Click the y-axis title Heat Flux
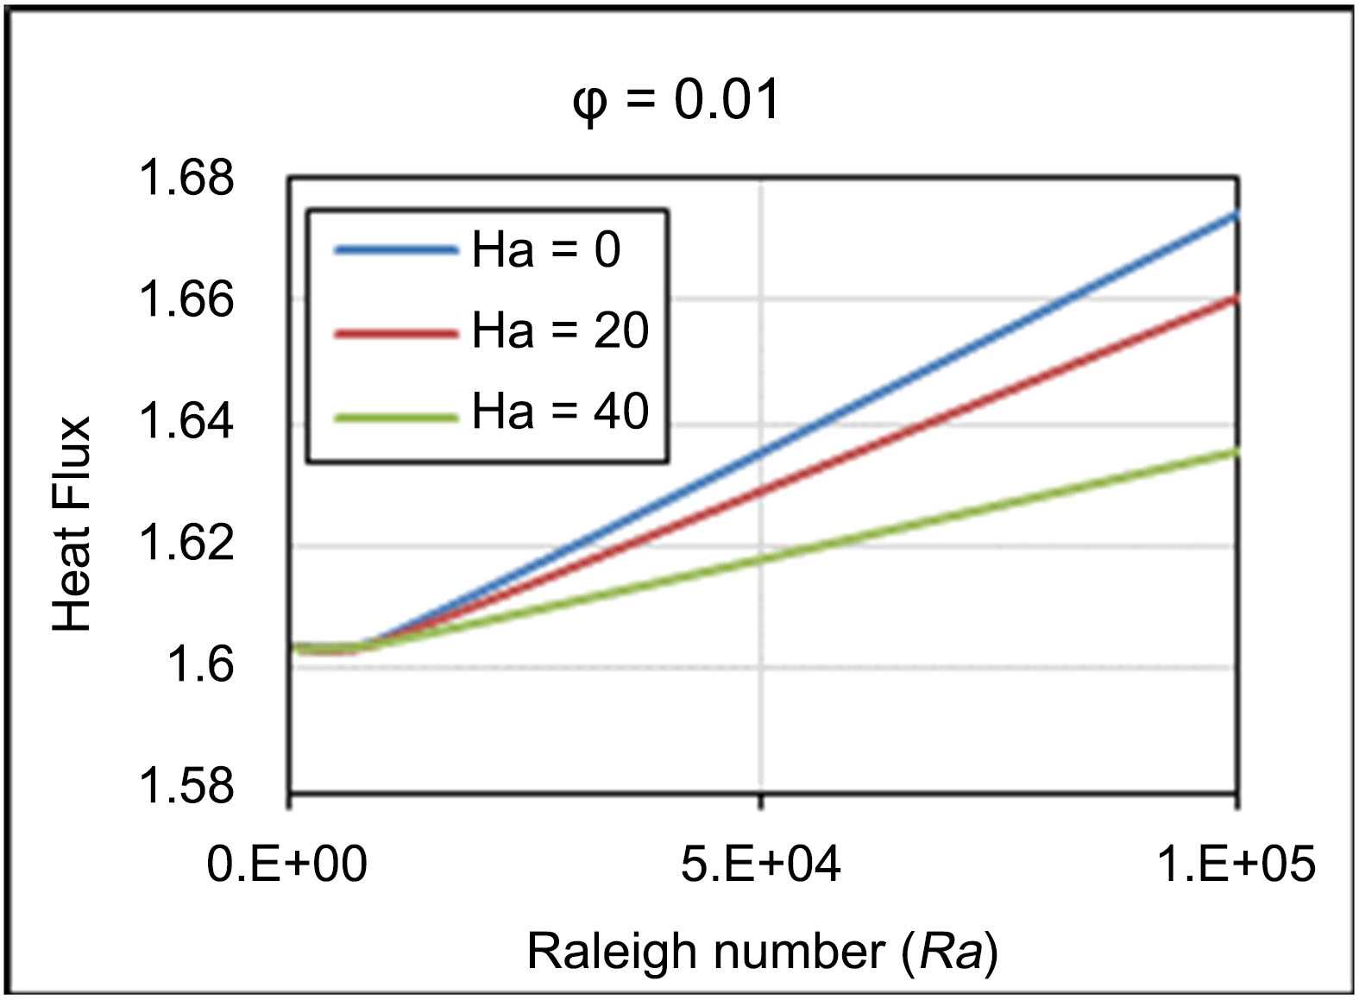(x=72, y=524)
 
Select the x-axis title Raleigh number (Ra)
(x=763, y=953)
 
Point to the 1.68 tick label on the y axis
(x=186, y=178)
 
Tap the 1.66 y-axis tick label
(x=186, y=300)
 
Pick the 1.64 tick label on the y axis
(x=186, y=423)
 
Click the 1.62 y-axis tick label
(x=186, y=544)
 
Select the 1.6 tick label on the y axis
(x=200, y=666)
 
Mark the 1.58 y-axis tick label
(x=186, y=787)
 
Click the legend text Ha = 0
(x=546, y=250)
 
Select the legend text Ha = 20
(x=560, y=330)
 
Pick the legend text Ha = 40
(x=560, y=411)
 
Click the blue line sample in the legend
(x=396, y=250)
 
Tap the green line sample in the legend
(x=396, y=418)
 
